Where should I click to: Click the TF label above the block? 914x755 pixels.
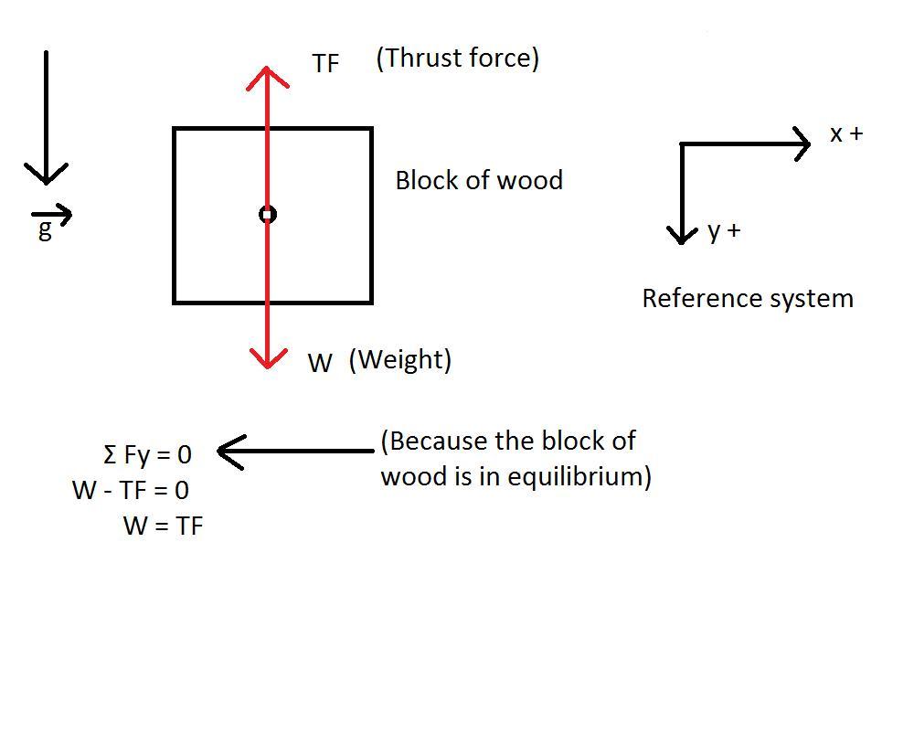pyautogui.click(x=325, y=63)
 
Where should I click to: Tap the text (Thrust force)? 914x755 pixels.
pyautogui.click(x=457, y=58)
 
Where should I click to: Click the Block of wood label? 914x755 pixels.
pyautogui.click(x=478, y=180)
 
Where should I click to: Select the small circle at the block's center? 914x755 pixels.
pyautogui.click(x=267, y=214)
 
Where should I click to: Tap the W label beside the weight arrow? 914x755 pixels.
pyautogui.click(x=320, y=364)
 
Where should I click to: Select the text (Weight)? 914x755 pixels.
pyautogui.click(x=400, y=359)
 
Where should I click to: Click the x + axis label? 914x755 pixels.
pyautogui.click(x=845, y=134)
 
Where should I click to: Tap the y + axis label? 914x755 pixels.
pyautogui.click(x=724, y=231)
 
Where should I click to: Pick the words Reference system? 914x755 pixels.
pyautogui.click(x=748, y=299)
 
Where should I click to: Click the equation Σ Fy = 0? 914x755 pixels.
pyautogui.click(x=147, y=453)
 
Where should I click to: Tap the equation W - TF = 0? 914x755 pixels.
pyautogui.click(x=131, y=490)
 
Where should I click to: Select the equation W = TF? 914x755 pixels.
pyautogui.click(x=163, y=526)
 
